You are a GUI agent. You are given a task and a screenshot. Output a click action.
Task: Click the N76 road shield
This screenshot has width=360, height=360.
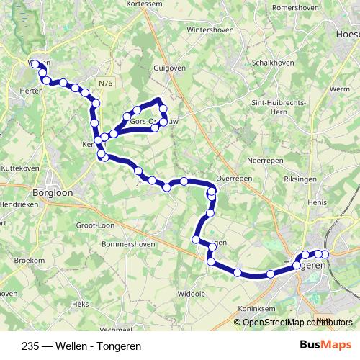tap(107, 84)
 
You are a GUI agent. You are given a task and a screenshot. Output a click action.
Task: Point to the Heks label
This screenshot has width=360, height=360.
tap(80, 305)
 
